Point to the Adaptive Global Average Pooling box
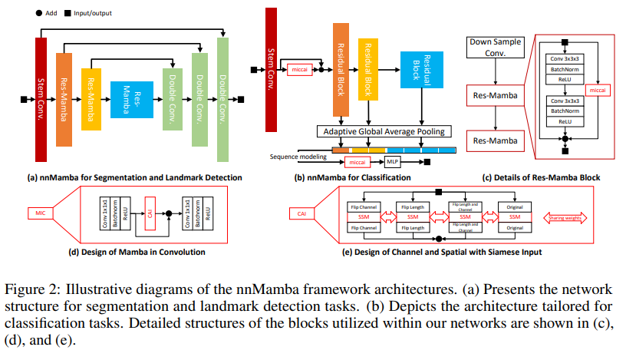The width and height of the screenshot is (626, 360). [x=381, y=131]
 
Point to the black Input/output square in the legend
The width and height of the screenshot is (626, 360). [x=71, y=14]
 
